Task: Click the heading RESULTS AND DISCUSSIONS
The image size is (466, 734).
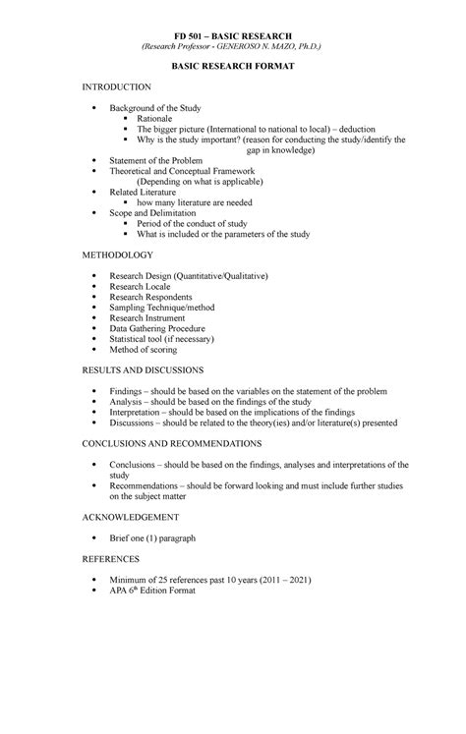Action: point(144,370)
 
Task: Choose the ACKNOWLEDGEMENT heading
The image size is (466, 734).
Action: point(130,516)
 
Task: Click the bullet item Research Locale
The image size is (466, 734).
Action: point(145,286)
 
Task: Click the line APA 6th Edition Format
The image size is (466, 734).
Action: point(153,593)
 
